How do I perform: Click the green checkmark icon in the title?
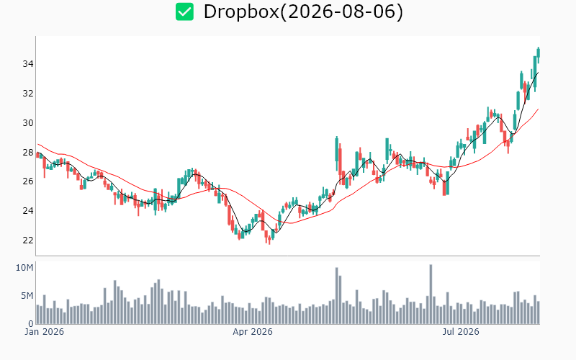pos(184,12)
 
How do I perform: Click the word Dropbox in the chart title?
pos(241,12)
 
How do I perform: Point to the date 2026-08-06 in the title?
pos(341,12)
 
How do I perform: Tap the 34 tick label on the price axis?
pos(28,64)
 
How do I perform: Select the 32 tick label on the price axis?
pos(28,94)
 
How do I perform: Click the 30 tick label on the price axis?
pos(28,122)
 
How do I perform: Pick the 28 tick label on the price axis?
pos(28,152)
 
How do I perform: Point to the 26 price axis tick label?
pos(28,181)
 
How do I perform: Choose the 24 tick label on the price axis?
pos(28,210)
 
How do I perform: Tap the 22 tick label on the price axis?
pos(28,240)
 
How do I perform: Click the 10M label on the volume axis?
pos(24,268)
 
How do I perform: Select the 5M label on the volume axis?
pos(27,296)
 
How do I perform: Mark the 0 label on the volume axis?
pos(31,323)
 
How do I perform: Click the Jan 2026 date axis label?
pos(44,332)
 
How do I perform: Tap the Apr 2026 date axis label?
pos(253,332)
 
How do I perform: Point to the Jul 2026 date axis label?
pos(461,332)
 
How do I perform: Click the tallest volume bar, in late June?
pos(431,294)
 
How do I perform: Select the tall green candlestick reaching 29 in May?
pos(336,154)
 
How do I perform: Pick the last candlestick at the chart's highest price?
pos(539,55)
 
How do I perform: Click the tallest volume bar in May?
pos(336,296)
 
